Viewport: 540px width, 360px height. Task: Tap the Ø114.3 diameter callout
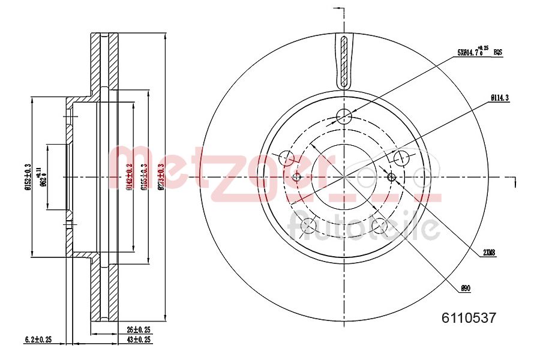click(499, 97)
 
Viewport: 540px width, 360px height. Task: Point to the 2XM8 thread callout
click(489, 253)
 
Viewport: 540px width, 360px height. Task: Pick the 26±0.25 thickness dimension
click(139, 330)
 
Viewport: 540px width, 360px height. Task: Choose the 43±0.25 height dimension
click(139, 339)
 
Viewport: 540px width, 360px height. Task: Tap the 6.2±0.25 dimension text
click(37, 339)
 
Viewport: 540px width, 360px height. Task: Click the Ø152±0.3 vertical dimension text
click(28, 177)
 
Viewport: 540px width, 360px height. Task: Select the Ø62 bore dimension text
click(43, 178)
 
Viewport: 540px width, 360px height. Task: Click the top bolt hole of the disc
click(343, 116)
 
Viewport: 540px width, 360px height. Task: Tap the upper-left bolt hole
click(287, 158)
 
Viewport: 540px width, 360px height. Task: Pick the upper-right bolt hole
click(400, 158)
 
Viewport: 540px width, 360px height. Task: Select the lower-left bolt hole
click(308, 226)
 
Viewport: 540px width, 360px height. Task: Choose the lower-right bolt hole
click(379, 226)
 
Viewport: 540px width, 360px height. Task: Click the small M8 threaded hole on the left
click(296, 176)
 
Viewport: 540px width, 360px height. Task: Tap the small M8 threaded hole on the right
click(392, 176)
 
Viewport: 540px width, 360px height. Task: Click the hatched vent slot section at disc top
click(344, 60)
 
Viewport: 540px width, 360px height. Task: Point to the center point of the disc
click(344, 176)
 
